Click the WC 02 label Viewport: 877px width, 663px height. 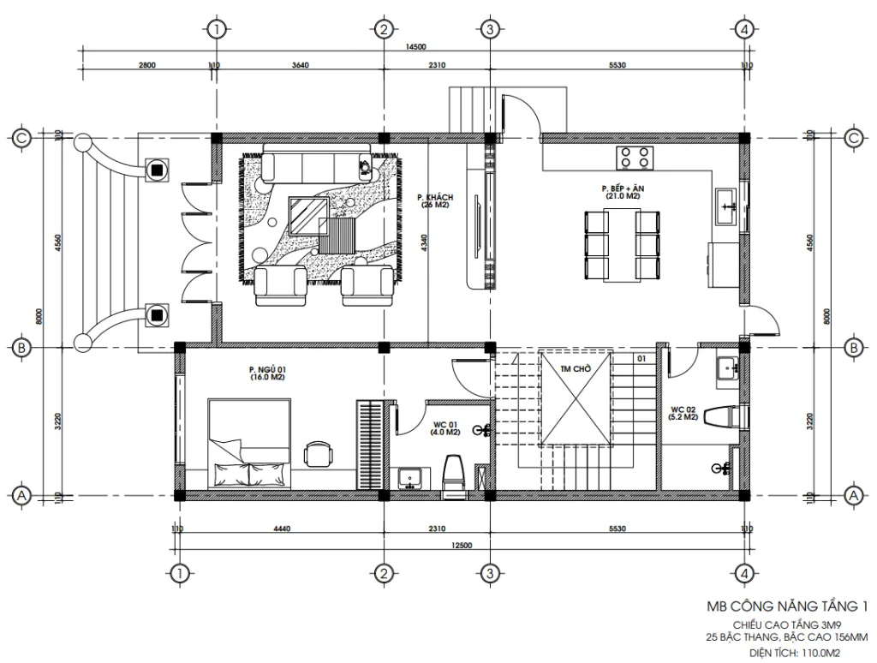pyautogui.click(x=684, y=413)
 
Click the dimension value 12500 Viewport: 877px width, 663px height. pyautogui.click(x=462, y=545)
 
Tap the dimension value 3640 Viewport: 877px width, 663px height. pyautogui.click(x=300, y=65)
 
